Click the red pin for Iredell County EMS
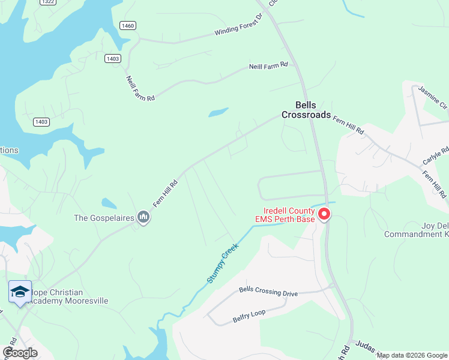(x=324, y=214)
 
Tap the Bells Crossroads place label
(x=307, y=110)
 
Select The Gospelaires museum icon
(x=143, y=217)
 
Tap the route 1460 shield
(x=127, y=25)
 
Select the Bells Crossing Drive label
(x=268, y=292)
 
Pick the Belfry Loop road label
(x=249, y=316)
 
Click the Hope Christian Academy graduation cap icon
(x=20, y=292)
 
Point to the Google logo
(x=20, y=352)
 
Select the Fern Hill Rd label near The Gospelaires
(x=165, y=194)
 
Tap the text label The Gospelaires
(x=103, y=218)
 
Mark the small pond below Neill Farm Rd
(x=218, y=112)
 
